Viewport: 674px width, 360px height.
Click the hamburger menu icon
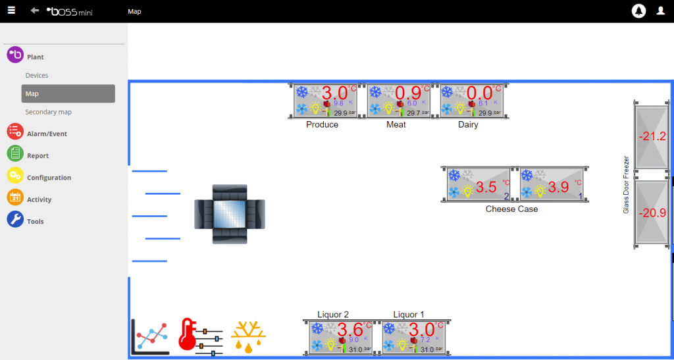(x=11, y=11)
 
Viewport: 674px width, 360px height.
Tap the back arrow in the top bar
(x=34, y=11)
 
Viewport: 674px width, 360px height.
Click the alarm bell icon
(x=638, y=11)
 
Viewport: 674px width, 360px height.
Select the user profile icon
(x=661, y=11)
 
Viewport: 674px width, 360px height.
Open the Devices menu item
(x=37, y=76)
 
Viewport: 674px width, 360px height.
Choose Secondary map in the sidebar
(x=48, y=112)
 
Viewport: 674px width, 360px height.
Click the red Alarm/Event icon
(x=15, y=132)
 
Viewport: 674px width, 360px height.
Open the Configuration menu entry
(x=49, y=178)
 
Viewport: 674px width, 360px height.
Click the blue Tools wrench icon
(x=15, y=220)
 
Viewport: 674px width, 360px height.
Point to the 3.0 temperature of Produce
(x=334, y=93)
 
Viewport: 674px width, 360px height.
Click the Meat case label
(x=396, y=124)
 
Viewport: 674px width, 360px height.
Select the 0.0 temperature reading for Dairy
(x=479, y=93)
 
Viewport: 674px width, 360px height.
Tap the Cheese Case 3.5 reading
(x=486, y=188)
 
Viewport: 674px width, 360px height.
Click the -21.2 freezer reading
(x=652, y=137)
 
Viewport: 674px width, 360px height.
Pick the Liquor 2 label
(x=333, y=315)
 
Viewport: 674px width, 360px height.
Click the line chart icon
(x=150, y=336)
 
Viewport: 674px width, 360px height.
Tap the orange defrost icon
(x=248, y=336)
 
